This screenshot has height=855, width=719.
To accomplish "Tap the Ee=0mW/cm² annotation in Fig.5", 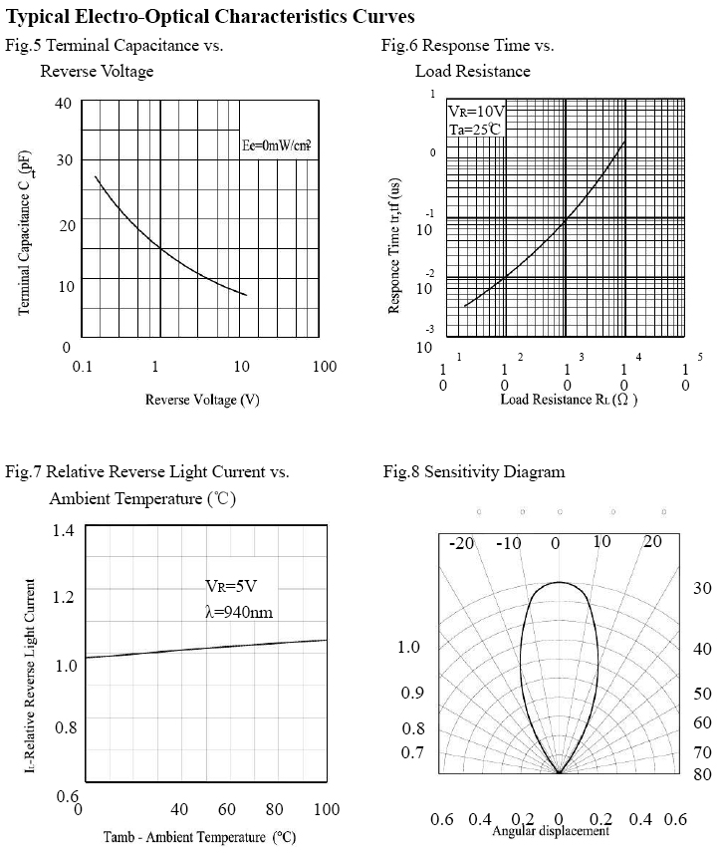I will tap(276, 145).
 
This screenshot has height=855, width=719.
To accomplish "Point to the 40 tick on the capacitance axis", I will tap(63, 103).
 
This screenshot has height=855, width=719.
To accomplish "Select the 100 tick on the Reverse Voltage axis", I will tap(325, 367).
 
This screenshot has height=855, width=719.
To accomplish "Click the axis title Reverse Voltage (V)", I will tap(202, 400).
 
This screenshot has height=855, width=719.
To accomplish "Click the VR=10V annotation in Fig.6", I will tap(476, 111).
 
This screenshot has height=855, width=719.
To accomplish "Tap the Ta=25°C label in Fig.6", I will tap(473, 130).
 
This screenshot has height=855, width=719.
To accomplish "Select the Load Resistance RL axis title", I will tap(569, 400).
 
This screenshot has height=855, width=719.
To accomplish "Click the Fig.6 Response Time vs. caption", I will tap(467, 45).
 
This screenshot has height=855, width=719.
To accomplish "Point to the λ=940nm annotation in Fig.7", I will tap(238, 611).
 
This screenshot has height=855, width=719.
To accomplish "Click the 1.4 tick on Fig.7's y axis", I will tap(64, 530).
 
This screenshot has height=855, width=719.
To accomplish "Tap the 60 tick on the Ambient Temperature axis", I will tap(227, 808).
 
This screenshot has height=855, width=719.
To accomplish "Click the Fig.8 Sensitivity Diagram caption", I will tap(474, 471).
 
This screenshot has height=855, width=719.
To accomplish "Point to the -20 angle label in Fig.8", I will tap(461, 543).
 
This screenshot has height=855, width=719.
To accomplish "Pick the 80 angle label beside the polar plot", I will tap(702, 772).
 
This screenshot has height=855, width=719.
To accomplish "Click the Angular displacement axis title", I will tap(551, 831).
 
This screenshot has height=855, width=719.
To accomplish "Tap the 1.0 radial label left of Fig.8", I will tap(409, 647).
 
